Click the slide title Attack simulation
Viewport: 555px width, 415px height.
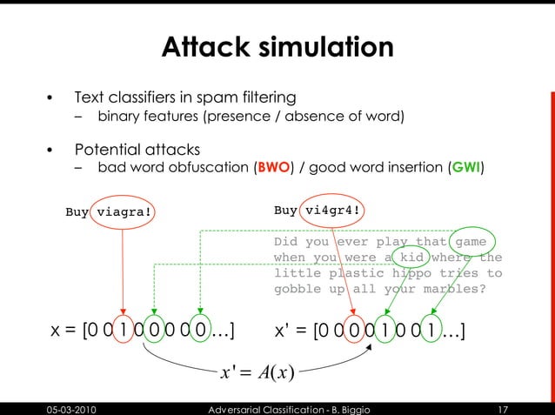(x=277, y=47)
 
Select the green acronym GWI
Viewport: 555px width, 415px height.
(x=465, y=167)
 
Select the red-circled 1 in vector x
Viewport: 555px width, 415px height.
(x=124, y=331)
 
